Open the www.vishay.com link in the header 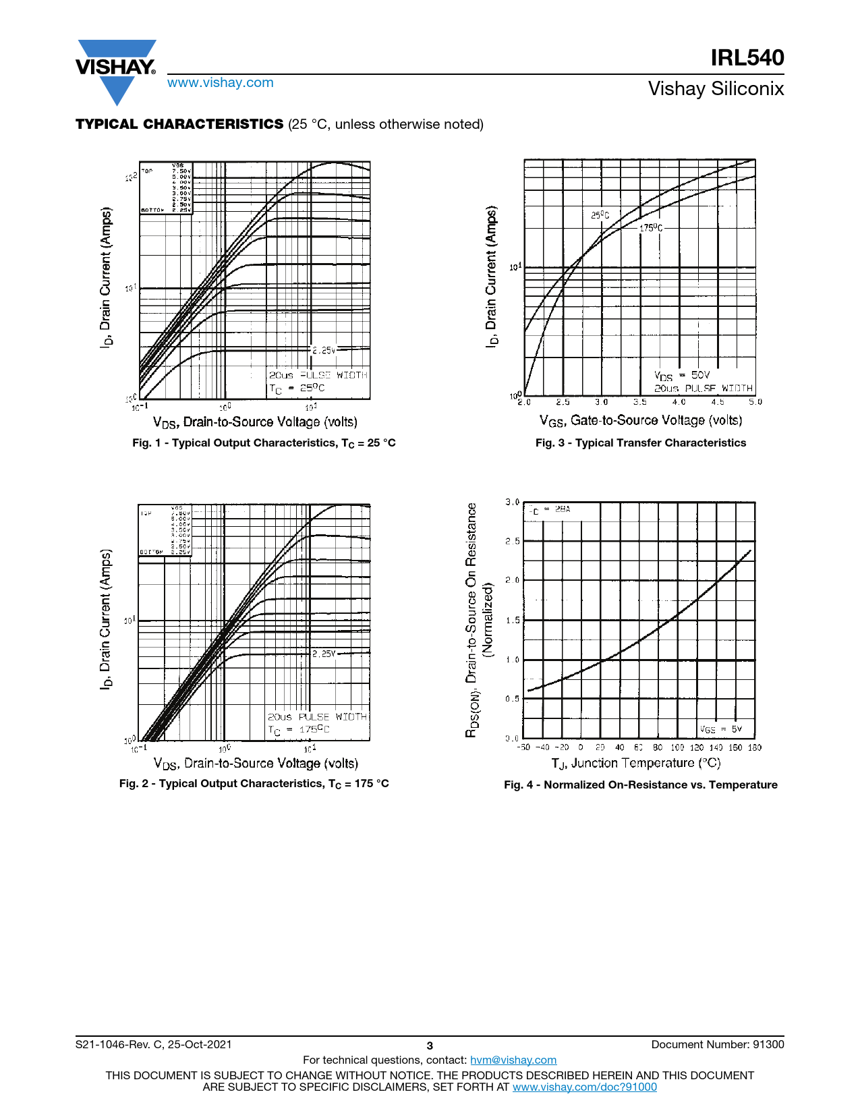click(x=221, y=82)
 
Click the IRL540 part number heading click(x=747, y=58)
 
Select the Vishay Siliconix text click(x=716, y=88)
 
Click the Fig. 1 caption click(x=264, y=443)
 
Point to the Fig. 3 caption click(x=640, y=443)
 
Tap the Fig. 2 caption click(x=254, y=784)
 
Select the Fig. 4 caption click(x=640, y=785)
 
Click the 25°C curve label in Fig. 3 click(x=600, y=215)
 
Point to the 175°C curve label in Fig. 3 click(x=651, y=228)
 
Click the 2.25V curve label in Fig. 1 click(x=324, y=350)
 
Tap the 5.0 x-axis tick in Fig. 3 click(x=755, y=402)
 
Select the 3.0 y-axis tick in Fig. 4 click(x=512, y=502)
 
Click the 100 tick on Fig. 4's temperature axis click(x=677, y=747)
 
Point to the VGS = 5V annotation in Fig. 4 click(x=720, y=729)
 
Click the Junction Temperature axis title click(x=635, y=764)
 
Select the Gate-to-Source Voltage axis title click(x=640, y=421)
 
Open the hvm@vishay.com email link click(x=513, y=1060)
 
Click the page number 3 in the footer click(x=430, y=1046)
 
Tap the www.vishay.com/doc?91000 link click(x=584, y=1087)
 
